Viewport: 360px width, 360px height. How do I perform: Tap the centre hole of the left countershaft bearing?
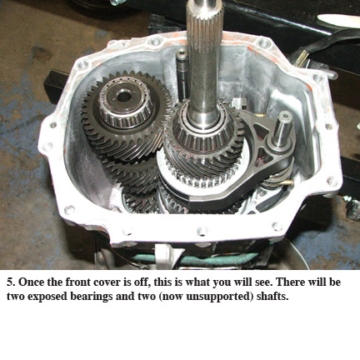point(124,97)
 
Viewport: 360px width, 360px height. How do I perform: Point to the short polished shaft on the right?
point(282,128)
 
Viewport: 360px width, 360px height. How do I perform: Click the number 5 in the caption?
point(11,282)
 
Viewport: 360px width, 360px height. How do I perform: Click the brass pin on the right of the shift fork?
point(286,182)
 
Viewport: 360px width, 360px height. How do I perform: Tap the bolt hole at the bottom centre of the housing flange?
point(202,230)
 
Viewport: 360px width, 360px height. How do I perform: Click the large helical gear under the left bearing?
point(127,117)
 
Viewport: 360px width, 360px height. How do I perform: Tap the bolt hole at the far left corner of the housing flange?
point(47,146)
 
